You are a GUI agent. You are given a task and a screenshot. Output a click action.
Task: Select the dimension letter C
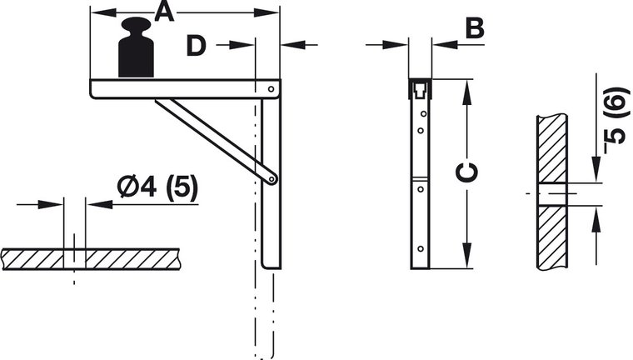(466, 172)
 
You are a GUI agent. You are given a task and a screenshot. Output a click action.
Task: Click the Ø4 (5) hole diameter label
(158, 187)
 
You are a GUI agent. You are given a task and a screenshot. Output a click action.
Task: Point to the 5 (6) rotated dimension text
(617, 120)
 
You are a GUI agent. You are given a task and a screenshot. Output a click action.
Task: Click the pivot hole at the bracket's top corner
(272, 89)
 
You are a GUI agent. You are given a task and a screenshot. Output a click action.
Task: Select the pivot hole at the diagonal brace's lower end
(272, 178)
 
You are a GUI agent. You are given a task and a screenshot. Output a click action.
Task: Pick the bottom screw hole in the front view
(421, 249)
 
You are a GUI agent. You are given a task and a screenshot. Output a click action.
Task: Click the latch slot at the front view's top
(421, 90)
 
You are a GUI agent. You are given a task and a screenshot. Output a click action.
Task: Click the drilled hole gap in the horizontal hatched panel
(74, 259)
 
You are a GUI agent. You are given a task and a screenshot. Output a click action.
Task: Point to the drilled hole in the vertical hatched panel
(552, 194)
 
